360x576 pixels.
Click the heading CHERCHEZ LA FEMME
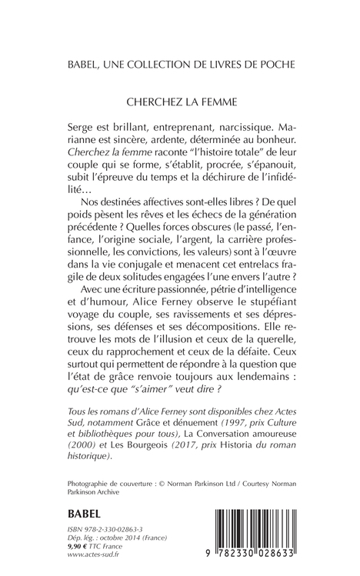pos(179,99)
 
